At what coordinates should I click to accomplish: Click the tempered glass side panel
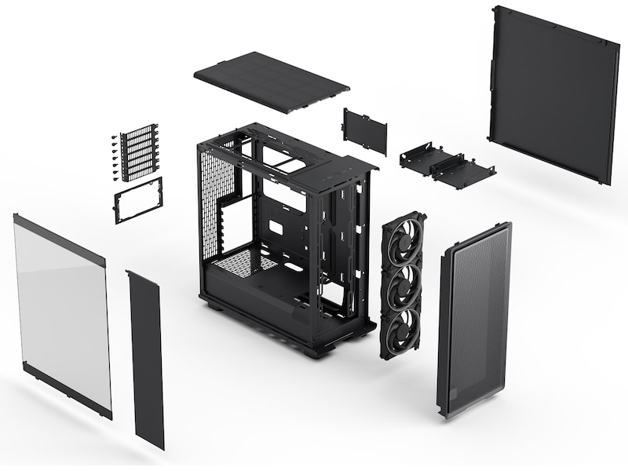click(x=63, y=314)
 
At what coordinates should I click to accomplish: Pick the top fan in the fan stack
click(x=403, y=240)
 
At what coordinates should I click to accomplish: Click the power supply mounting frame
click(x=138, y=199)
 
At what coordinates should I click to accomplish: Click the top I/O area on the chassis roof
click(x=345, y=165)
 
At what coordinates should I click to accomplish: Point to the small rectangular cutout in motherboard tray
click(x=276, y=228)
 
